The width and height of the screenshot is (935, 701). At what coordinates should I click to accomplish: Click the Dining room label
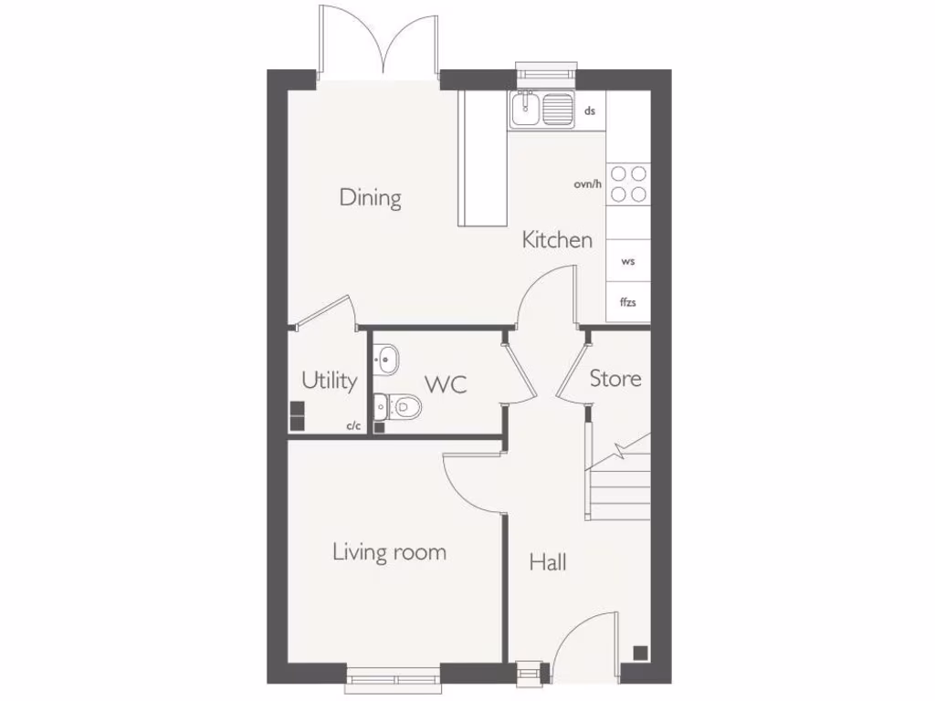point(370,197)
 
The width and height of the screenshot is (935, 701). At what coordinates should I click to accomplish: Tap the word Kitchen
point(557,240)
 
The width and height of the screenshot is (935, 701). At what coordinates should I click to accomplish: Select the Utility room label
point(329,381)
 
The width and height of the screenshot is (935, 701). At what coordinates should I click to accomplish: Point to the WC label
point(446,384)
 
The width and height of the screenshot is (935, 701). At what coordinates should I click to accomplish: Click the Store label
point(615,378)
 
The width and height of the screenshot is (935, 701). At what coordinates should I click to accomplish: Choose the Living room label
point(389,551)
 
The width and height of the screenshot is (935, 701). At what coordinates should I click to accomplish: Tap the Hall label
point(548,562)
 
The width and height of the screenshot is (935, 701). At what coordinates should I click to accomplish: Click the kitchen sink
point(527,110)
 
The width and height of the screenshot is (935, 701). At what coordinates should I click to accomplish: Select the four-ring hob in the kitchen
point(628,183)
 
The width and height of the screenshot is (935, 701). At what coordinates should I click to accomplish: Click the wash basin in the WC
point(385,359)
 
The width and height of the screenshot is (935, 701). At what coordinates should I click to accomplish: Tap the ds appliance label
point(590,110)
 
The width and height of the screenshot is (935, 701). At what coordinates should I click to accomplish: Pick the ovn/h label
point(588,184)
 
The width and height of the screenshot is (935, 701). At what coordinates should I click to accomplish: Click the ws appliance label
point(627,262)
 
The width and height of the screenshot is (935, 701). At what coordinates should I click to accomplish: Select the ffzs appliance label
point(627,301)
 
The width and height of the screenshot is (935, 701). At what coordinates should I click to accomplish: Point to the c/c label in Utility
point(352,425)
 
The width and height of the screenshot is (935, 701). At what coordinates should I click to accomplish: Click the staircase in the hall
point(618,484)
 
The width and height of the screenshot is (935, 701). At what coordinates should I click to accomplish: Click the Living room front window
point(393,676)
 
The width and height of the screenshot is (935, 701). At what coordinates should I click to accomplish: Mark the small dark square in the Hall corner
point(640,652)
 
